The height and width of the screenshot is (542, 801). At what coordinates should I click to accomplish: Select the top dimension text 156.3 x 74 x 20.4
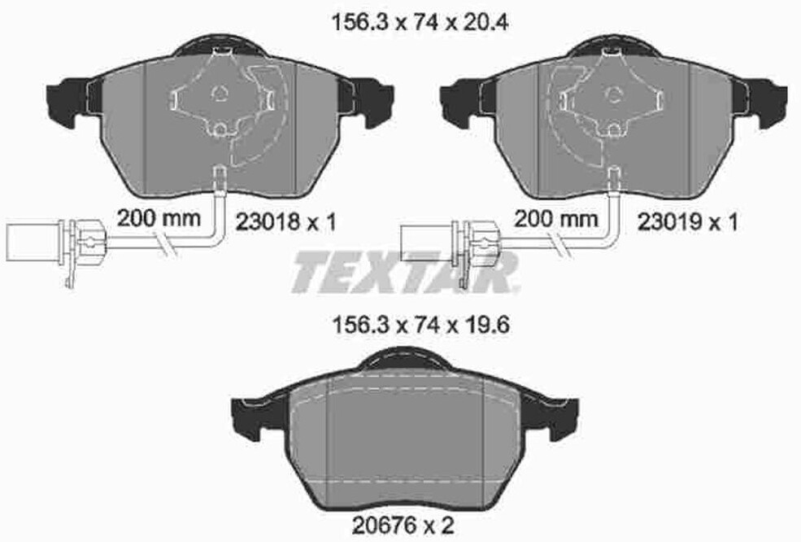[420, 22]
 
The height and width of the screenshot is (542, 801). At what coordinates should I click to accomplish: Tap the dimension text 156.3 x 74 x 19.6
[421, 325]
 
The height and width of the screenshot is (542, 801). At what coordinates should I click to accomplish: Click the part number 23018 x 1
[285, 222]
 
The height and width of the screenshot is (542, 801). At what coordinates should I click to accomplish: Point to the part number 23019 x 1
[688, 222]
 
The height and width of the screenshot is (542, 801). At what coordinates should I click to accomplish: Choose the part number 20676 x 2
[403, 525]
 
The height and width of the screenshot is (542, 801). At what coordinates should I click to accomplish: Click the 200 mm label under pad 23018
[159, 218]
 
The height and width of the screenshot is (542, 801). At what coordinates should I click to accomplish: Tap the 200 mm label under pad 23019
[555, 218]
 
